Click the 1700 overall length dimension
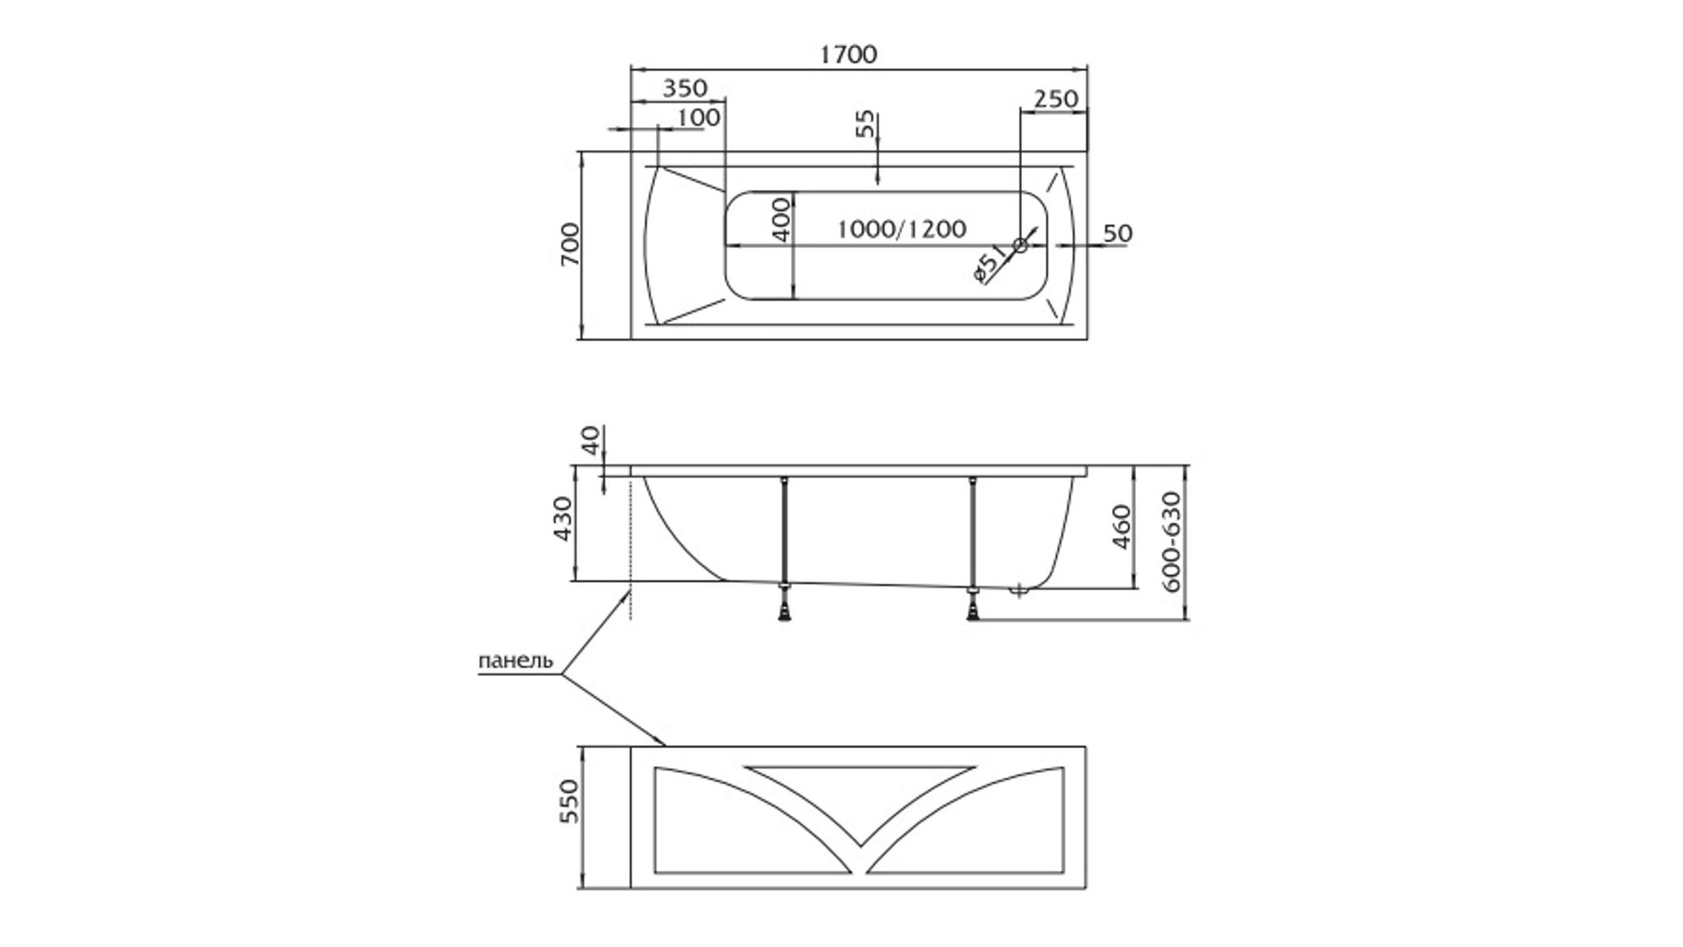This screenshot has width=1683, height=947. [x=849, y=54]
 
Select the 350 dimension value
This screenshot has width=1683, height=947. [x=684, y=89]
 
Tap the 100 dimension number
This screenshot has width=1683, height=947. [x=699, y=117]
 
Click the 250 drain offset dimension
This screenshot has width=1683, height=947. [x=1055, y=98]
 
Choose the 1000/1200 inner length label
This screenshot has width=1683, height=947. [x=901, y=229]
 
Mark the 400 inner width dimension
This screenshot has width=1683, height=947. [x=781, y=218]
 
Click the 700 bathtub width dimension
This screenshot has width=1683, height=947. [x=570, y=245]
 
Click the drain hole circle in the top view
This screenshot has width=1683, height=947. [x=1019, y=246]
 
